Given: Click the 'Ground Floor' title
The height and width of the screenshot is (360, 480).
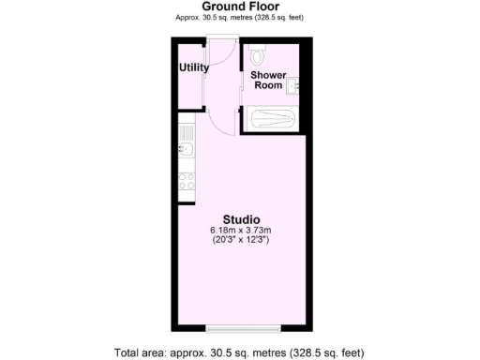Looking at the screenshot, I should click(x=239, y=7).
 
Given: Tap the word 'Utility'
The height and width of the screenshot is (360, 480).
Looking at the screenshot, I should click(x=194, y=67).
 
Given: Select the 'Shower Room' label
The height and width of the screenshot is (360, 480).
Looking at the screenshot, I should click(x=268, y=81).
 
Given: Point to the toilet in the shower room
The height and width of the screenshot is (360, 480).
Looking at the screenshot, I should click(x=258, y=54).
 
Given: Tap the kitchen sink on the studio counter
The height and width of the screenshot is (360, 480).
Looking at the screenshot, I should click(x=185, y=151).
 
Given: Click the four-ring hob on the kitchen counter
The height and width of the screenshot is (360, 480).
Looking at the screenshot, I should click(x=186, y=180).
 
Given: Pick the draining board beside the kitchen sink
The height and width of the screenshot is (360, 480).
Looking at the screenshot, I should click(x=185, y=129).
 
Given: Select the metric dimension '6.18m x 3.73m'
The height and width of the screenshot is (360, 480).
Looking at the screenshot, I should click(x=240, y=231).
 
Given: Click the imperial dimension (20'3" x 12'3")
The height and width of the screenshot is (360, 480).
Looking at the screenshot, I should click(x=240, y=241).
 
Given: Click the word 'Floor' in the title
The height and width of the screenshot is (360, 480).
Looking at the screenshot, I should click(x=263, y=7).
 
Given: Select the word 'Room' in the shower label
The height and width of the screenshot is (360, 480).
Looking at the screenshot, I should click(x=268, y=86).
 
